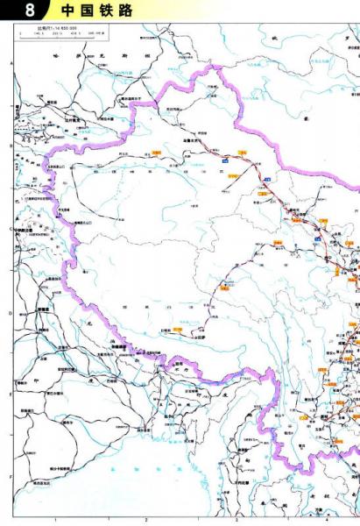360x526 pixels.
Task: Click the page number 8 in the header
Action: [32, 11]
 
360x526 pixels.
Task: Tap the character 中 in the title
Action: [68, 11]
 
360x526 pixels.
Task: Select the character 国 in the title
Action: [88, 11]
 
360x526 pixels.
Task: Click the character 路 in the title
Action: [131, 11]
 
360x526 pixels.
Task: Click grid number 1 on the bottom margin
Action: [55, 520]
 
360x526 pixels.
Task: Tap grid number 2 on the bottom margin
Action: [145, 520]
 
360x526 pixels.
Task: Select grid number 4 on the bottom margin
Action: [325, 520]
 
